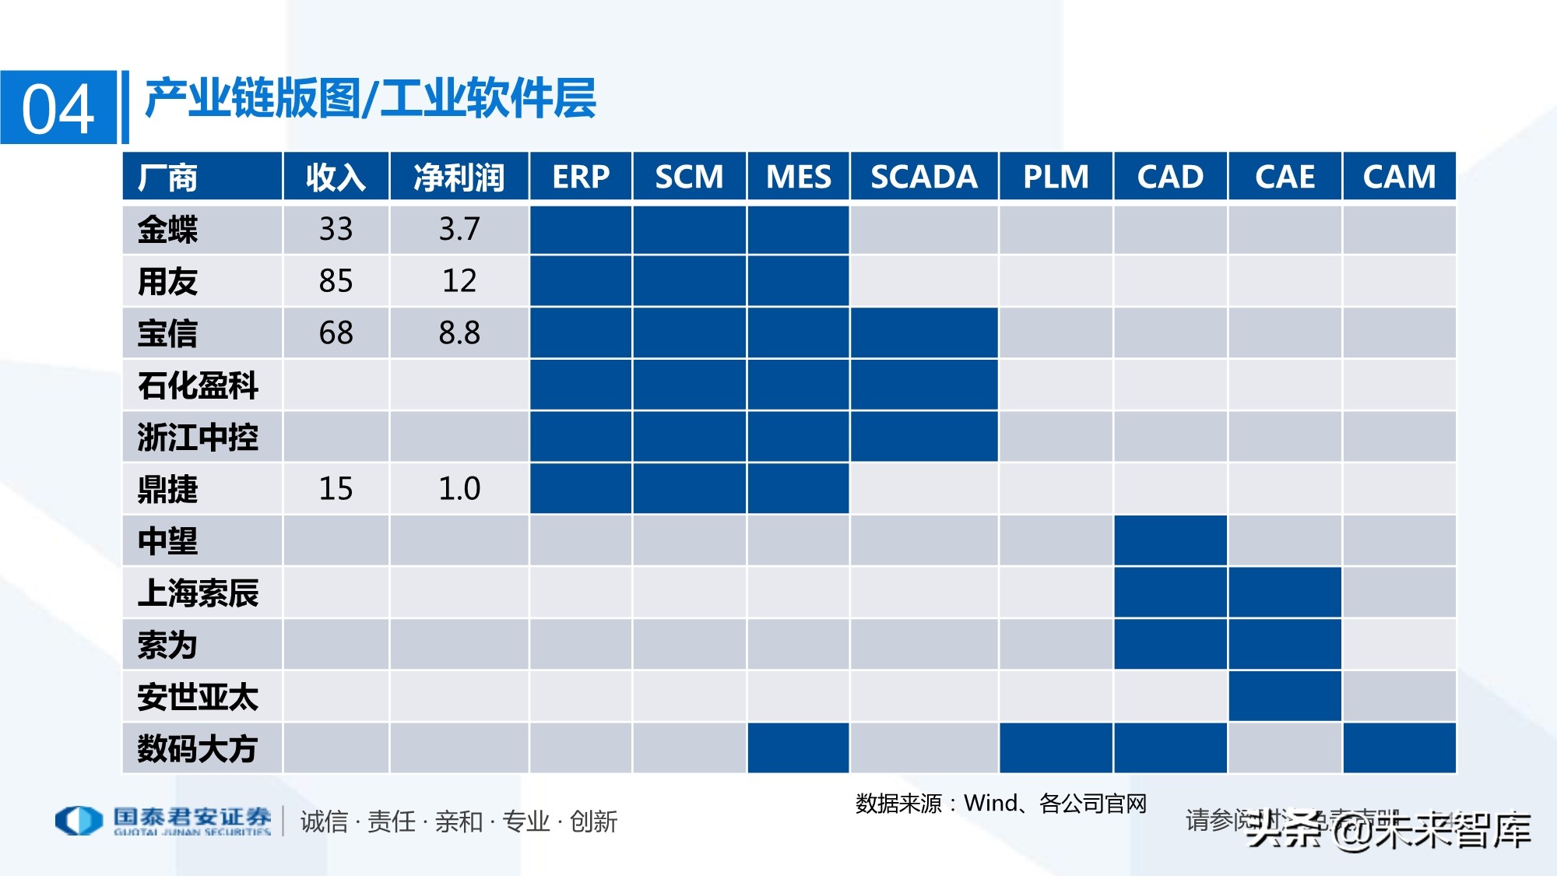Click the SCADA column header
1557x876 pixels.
[923, 177]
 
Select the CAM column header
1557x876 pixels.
[1399, 177]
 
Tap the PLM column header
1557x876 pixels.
[1056, 177]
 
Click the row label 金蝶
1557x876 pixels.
[167, 230]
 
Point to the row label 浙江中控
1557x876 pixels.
[198, 437]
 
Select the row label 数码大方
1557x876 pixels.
[198, 748]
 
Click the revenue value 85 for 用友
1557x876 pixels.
[336, 281]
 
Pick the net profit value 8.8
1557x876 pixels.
[459, 333]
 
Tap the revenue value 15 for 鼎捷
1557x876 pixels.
[336, 489]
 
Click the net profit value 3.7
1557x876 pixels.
[459, 230]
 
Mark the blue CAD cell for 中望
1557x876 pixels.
[1170, 540]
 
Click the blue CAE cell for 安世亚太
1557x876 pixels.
[1285, 696]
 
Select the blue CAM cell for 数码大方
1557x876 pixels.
[1399, 748]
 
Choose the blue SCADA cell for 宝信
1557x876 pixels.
[923, 333]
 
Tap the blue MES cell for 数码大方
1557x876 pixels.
[798, 748]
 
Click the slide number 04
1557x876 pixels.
[58, 109]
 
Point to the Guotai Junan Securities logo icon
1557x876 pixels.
[79, 820]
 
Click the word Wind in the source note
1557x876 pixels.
[990, 803]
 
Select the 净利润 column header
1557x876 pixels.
[459, 177]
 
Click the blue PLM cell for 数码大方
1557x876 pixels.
[1056, 748]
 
